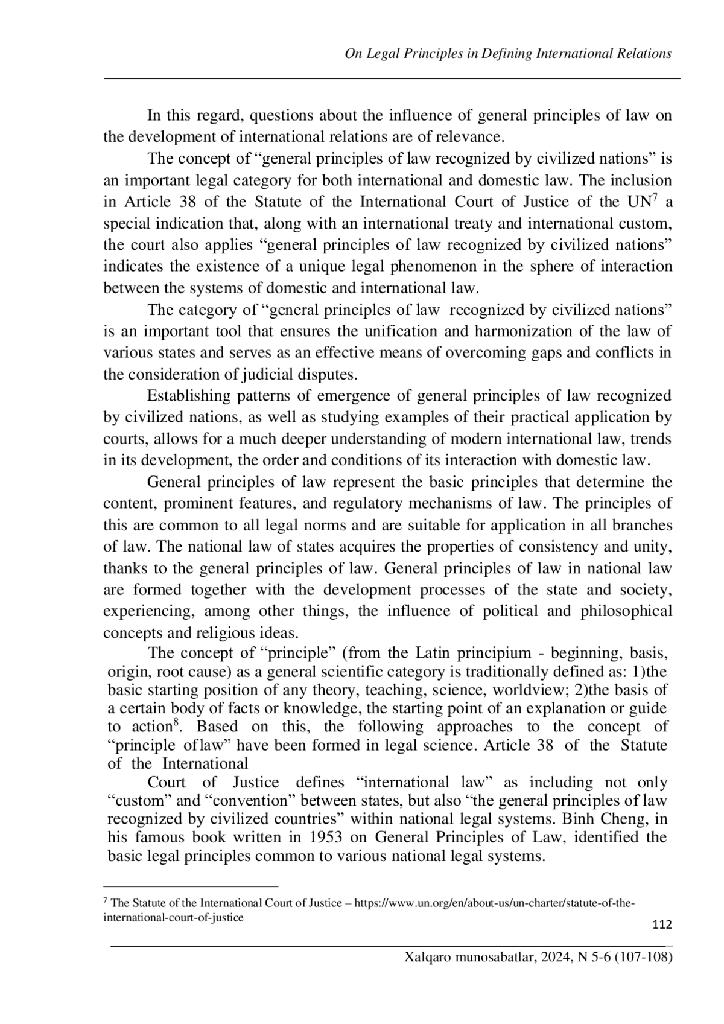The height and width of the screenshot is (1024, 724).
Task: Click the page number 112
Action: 662,925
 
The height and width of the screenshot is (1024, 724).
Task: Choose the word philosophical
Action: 626,611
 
